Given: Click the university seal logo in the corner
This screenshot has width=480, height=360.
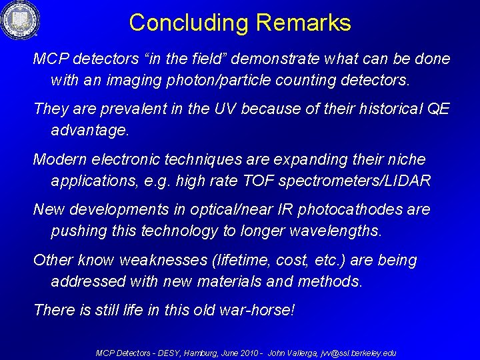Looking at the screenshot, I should point(20,20).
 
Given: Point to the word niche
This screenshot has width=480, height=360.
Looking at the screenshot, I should point(404,159).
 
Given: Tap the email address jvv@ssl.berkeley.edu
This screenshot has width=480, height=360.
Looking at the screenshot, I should point(359,353).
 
